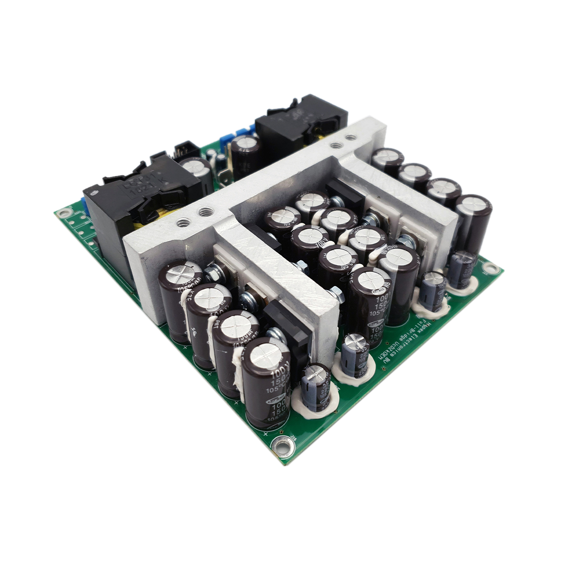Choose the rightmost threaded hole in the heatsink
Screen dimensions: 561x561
point(349,137)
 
